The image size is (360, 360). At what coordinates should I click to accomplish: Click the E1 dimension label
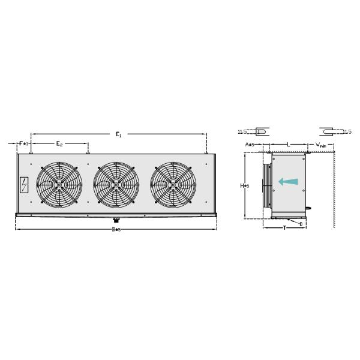pyautogui.click(x=118, y=135)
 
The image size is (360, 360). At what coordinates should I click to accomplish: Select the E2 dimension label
pyautogui.click(x=59, y=144)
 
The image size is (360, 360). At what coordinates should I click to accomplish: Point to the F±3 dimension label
pyautogui.click(x=23, y=144)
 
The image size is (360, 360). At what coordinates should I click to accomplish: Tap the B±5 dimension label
pyautogui.click(x=116, y=230)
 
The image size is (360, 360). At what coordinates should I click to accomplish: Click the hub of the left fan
pyautogui.click(x=59, y=185)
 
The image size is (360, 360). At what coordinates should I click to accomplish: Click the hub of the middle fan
pyautogui.click(x=116, y=185)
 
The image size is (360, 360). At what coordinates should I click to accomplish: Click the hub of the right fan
pyautogui.click(x=173, y=185)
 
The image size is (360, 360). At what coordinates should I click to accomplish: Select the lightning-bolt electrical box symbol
pyautogui.click(x=24, y=185)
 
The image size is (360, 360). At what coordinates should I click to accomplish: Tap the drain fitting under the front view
pyautogui.click(x=116, y=220)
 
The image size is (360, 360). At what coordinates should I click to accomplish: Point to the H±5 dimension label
pyautogui.click(x=244, y=186)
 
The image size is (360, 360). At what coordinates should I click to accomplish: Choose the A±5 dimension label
pyautogui.click(x=250, y=145)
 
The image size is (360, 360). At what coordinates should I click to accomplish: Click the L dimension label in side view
pyautogui.click(x=288, y=145)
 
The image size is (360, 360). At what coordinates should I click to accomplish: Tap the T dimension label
pyautogui.click(x=284, y=228)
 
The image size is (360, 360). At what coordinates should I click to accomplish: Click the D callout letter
pyautogui.click(x=301, y=224)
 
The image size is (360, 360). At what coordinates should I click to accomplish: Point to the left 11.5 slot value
pyautogui.click(x=242, y=131)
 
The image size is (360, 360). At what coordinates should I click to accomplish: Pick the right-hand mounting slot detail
pyautogui.click(x=326, y=131)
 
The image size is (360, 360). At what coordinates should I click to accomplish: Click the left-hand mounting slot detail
pyautogui.click(x=261, y=131)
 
